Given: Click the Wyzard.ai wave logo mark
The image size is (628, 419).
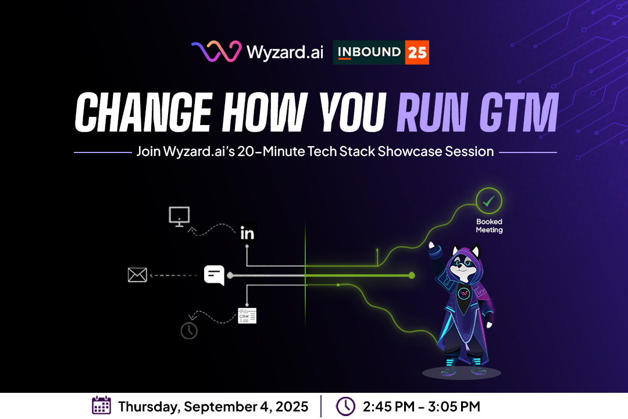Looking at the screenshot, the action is tap(216, 51).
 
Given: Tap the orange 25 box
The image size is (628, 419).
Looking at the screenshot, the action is tap(417, 52).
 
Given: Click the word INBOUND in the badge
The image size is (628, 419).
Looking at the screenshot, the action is tap(369, 52).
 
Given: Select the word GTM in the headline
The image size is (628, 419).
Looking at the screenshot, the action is tap(519, 112).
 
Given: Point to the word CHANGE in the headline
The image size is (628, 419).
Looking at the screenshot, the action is tap(144, 112).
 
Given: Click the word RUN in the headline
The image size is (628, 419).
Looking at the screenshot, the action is tap(432, 112).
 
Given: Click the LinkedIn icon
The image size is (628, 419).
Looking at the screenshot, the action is tap(247, 233).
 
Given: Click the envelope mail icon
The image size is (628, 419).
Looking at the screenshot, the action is tap(137, 275).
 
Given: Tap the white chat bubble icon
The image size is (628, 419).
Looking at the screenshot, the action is tap(214, 275).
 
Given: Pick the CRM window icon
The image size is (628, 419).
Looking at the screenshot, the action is tap(247, 316).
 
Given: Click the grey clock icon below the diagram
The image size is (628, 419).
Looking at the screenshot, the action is tap(189, 331).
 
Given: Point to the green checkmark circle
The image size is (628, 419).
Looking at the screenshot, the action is tap(488, 201).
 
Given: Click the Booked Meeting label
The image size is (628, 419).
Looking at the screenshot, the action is tap(489, 226).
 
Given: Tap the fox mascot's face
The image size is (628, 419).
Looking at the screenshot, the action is tap(464, 266).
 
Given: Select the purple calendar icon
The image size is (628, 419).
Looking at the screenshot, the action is tap(101, 406).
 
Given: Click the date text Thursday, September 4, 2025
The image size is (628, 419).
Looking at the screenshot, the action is tap(213, 407).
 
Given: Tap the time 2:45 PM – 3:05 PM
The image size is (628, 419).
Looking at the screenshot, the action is tap(422, 407).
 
